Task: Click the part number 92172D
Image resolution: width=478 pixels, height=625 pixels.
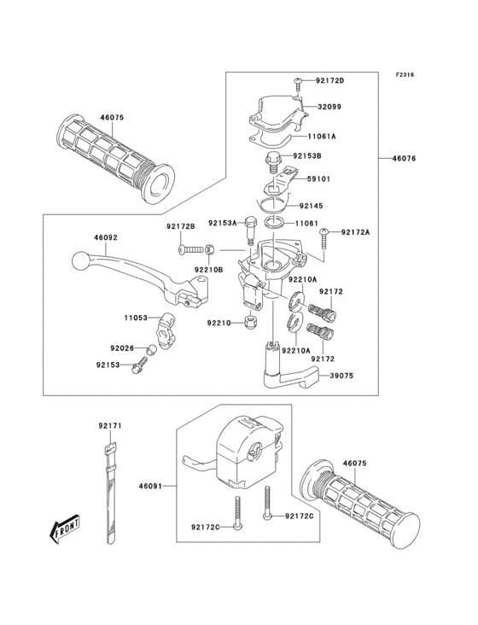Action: [x=329, y=80]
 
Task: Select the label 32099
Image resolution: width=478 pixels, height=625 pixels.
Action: [x=330, y=108]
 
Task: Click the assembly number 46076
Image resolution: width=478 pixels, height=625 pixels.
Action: [x=405, y=159]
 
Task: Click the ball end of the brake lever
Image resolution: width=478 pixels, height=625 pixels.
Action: [x=80, y=258]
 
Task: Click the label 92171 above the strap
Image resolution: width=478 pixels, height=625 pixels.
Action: [x=109, y=425]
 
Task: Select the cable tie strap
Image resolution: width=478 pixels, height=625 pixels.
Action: [x=110, y=495]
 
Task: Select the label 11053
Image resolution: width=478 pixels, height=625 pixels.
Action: [x=135, y=318]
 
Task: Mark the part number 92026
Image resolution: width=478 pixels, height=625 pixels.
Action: [x=122, y=348]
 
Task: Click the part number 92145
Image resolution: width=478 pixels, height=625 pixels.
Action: [x=312, y=205]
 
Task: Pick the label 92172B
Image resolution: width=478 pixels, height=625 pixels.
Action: [x=181, y=226]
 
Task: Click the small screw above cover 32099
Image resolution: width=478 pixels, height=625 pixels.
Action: [x=298, y=82]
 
